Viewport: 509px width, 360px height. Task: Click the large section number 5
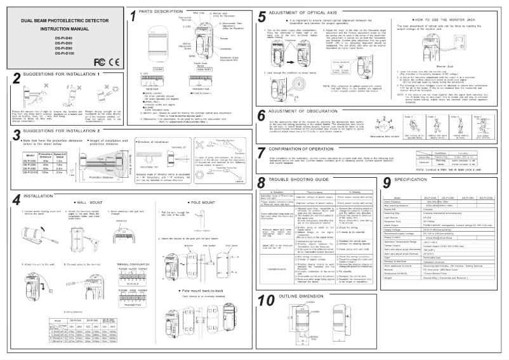[x=262, y=18]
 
